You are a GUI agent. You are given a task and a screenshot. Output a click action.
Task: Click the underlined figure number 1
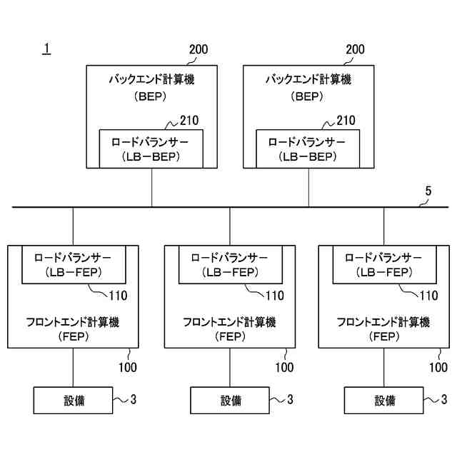[x=46, y=49]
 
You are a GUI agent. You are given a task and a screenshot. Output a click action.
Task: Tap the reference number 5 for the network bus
[x=428, y=191]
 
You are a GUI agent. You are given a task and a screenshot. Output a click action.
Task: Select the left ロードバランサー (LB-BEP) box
[x=151, y=149]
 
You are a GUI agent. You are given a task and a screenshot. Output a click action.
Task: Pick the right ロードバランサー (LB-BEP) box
[x=308, y=149]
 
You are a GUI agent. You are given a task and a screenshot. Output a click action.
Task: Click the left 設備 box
[x=72, y=401]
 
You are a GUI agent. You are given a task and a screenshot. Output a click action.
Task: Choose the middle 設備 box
[x=229, y=401]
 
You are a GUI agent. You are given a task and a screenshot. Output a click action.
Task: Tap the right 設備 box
[x=383, y=401]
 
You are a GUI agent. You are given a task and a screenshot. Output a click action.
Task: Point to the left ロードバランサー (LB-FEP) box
[x=74, y=263]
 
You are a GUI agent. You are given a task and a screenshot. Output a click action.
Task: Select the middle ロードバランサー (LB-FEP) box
[x=229, y=263]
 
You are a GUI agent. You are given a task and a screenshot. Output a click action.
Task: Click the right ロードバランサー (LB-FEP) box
[x=383, y=263]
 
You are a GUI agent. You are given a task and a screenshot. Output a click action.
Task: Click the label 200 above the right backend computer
[x=355, y=50]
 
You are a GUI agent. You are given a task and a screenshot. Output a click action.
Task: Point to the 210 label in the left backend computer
[x=189, y=121]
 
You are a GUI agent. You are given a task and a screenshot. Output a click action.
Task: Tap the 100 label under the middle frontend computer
[x=284, y=368]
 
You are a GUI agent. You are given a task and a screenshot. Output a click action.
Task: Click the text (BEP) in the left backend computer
[x=151, y=96]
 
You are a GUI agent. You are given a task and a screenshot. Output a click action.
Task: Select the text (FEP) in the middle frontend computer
[x=229, y=337]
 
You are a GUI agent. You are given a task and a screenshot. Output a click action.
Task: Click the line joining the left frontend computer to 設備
[x=73, y=367]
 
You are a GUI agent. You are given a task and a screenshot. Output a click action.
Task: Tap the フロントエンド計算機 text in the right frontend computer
[x=383, y=322]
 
